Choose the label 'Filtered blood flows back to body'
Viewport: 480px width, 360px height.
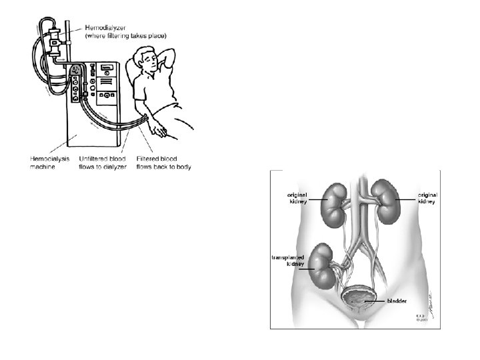coord(163,163)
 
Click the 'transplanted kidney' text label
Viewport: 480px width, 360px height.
coord(289,260)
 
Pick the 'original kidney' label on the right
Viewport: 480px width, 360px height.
coord(427,197)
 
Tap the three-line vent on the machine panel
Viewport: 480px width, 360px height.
coord(105,98)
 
